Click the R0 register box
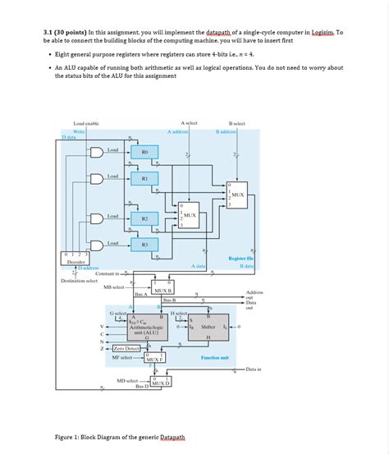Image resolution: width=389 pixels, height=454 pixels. [x=144, y=152]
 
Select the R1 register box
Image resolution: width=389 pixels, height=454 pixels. [x=144, y=177]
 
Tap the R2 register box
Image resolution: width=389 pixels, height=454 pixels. [x=144, y=218]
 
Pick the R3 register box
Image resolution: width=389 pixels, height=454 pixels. [x=144, y=245]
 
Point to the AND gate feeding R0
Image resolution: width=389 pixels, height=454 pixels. [x=97, y=152]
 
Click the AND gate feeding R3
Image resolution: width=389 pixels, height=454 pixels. [x=97, y=245]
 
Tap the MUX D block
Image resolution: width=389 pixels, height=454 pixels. [x=160, y=383]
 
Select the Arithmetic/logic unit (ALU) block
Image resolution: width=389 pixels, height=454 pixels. [x=144, y=328]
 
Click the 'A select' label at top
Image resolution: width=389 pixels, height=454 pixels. [x=188, y=123]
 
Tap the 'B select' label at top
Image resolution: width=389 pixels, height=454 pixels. [x=236, y=123]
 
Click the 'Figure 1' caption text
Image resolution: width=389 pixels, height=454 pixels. [x=117, y=438]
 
